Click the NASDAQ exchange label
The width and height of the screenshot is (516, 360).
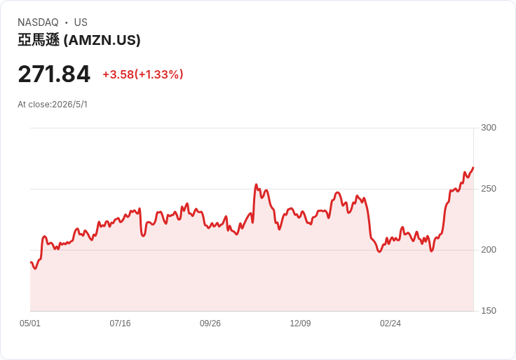pyautogui.click(x=38, y=22)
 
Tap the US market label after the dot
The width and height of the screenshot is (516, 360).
pyautogui.click(x=81, y=22)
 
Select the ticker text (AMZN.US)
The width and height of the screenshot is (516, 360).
pyautogui.click(x=102, y=40)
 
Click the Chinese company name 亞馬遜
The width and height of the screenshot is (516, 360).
pyautogui.click(x=39, y=40)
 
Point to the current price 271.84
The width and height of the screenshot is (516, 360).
pyautogui.click(x=54, y=74)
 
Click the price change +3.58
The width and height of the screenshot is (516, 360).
pyautogui.click(x=118, y=74)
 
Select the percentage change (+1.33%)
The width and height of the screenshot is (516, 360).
pyautogui.click(x=158, y=74)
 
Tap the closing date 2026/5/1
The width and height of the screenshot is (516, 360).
pyautogui.click(x=70, y=105)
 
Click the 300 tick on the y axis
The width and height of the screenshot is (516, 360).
pyautogui.click(x=489, y=128)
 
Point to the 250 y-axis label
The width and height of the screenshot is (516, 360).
pyautogui.click(x=489, y=189)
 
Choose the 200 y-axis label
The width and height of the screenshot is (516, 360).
pyautogui.click(x=489, y=250)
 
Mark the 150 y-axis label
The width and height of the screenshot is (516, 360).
pyautogui.click(x=489, y=311)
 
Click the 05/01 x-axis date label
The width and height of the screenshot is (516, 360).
pyautogui.click(x=30, y=324)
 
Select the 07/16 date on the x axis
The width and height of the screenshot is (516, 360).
pyautogui.click(x=120, y=324)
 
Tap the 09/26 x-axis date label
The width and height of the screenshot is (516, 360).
pyautogui.click(x=210, y=324)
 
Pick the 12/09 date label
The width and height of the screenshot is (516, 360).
pyautogui.click(x=300, y=324)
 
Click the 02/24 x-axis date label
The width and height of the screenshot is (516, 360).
pyautogui.click(x=391, y=324)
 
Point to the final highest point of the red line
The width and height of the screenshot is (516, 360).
pyautogui.click(x=473, y=168)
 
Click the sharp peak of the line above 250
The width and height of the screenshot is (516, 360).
pyautogui.click(x=256, y=185)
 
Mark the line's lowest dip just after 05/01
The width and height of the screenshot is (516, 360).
pyautogui.click(x=35, y=269)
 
